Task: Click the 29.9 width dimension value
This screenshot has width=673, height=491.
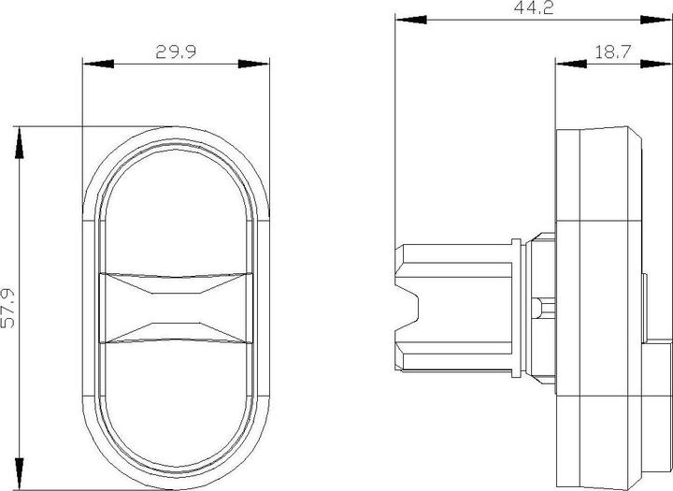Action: (x=175, y=52)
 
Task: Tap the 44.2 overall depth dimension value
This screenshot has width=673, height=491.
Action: (x=518, y=8)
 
